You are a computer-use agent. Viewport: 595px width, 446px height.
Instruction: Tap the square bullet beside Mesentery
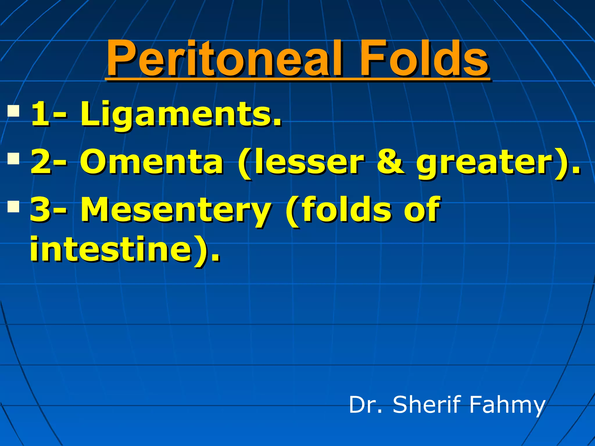click(x=13, y=206)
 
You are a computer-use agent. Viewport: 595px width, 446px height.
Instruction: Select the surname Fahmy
click(x=507, y=405)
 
